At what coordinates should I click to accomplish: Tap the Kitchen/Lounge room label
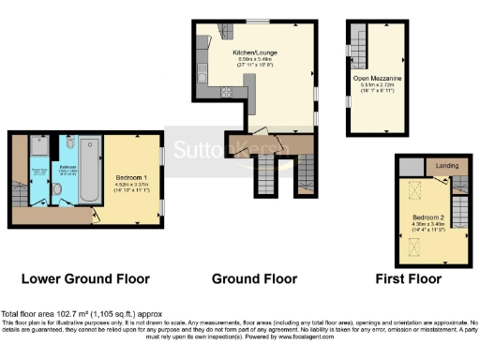coord(252,53)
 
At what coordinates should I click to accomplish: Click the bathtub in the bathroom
coord(90,170)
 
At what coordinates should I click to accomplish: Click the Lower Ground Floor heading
coord(79,278)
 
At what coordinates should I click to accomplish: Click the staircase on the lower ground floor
coord(18,192)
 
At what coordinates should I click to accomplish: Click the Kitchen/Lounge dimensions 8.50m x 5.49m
coord(252,60)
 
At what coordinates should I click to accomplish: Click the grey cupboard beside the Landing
coord(410,165)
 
